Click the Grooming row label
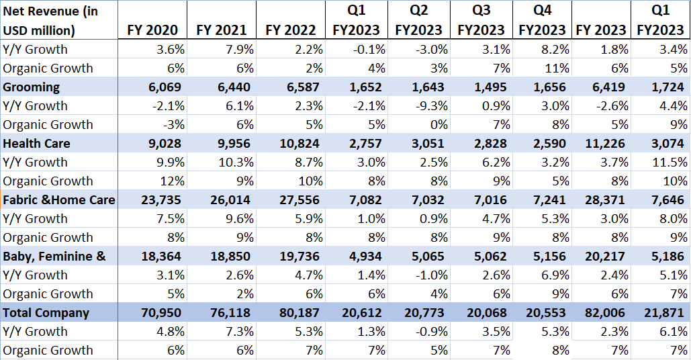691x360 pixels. [32, 87]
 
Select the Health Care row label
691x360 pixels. [36, 143]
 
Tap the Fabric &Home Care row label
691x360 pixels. [59, 199]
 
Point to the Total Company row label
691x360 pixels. [46, 312]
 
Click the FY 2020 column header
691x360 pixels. [152, 30]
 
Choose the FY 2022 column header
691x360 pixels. [291, 30]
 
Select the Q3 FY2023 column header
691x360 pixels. [481, 20]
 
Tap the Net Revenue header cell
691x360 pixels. [50, 20]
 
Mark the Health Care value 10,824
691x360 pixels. [297, 143]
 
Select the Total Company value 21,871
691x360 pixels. [665, 312]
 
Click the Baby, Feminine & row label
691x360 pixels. [54, 256]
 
